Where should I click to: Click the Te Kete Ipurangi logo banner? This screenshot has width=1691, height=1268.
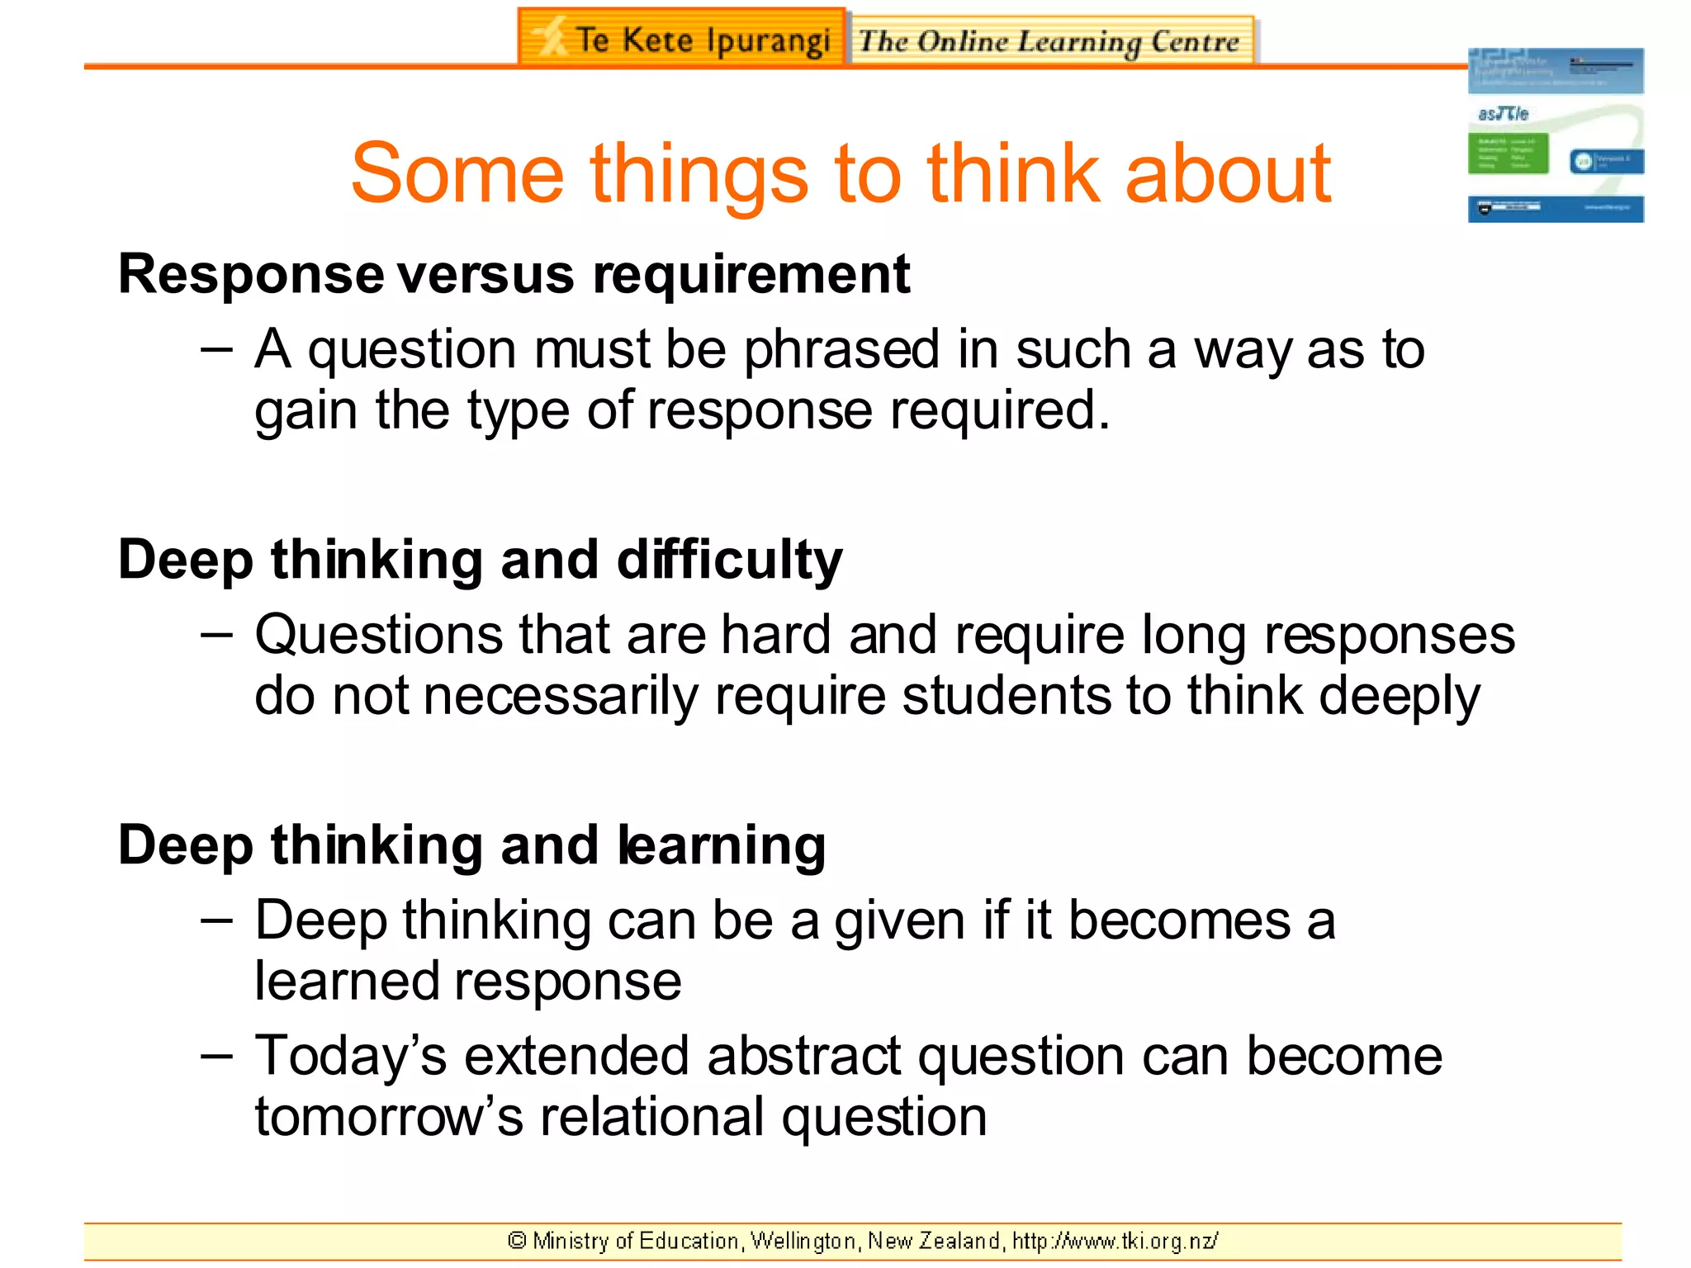682,38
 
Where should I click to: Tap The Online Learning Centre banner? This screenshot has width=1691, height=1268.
1050,40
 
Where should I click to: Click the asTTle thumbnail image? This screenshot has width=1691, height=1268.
1555,135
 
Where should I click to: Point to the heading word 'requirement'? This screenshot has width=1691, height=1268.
751,274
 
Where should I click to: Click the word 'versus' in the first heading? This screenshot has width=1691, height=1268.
486,276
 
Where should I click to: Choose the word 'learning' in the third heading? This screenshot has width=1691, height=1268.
722,847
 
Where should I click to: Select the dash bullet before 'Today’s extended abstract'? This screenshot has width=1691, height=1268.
216,1056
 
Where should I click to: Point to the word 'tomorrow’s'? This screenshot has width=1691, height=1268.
389,1117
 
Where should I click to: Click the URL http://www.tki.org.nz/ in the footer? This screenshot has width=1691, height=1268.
1115,1241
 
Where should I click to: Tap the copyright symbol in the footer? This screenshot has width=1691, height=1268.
517,1241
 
